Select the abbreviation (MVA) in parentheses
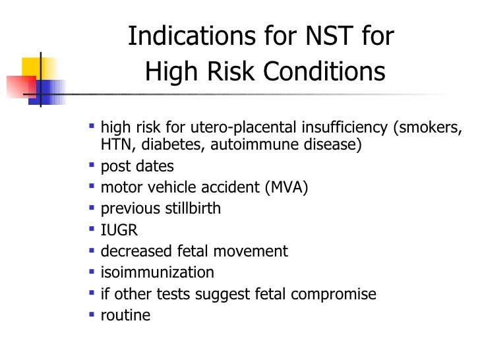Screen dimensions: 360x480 pos(286,188)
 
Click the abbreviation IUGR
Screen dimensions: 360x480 pos(119,230)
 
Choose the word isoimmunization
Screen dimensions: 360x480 pos(157,272)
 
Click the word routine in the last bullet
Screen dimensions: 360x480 pos(125,315)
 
